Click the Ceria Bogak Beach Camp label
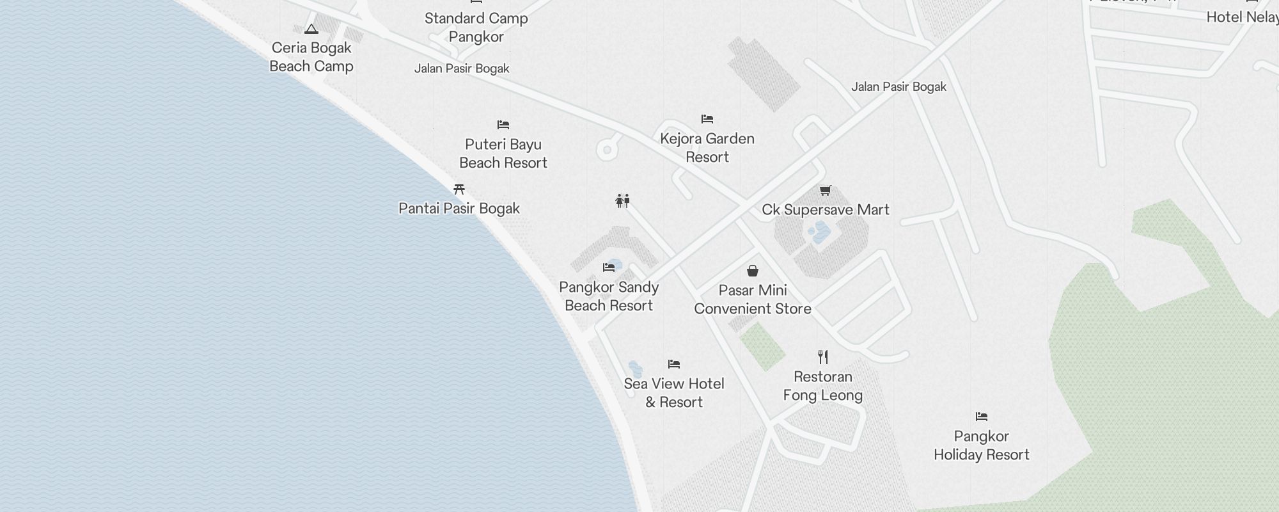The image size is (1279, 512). coord(311,57)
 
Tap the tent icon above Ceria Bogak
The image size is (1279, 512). coord(311,29)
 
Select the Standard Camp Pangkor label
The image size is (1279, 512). coord(476,28)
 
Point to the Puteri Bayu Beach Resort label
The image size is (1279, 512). coord(503,154)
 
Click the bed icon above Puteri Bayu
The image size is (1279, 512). coord(503,125)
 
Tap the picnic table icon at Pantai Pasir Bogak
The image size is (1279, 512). coord(459,189)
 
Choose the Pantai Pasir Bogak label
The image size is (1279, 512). coord(459,209)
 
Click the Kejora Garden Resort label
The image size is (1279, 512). coord(707,148)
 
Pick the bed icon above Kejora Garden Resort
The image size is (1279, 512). coord(707,119)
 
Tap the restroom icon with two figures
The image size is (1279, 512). coord(623,201)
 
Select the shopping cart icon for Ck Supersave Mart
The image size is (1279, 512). coord(825,191)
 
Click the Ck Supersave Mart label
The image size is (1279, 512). coord(825,210)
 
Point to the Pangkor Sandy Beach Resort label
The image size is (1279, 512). coord(609,296)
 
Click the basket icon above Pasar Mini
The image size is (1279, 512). coord(753,271)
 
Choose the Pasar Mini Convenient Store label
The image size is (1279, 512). coord(753,300)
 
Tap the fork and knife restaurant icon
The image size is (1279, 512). coord(823,357)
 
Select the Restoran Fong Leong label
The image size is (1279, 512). coord(823,386)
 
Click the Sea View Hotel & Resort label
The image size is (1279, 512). coord(674,393)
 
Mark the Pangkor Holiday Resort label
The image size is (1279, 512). coord(982,445)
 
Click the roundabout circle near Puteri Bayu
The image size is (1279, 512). coord(607,150)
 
